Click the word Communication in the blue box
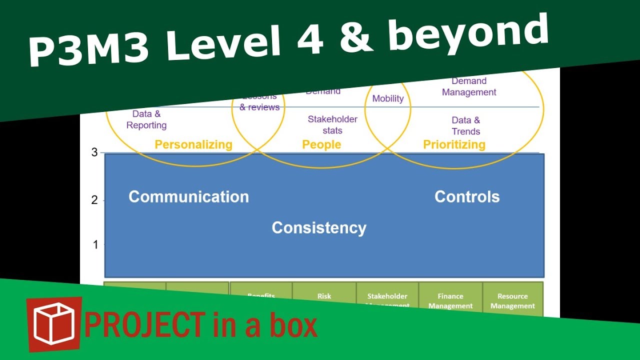click(188, 196)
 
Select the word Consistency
click(319, 227)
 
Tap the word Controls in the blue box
click(467, 196)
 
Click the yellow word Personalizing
click(193, 145)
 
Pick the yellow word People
click(321, 145)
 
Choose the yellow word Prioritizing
click(454, 145)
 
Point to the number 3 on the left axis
click(94, 152)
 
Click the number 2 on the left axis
click(94, 200)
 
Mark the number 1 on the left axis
click(95, 245)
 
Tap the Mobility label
click(388, 98)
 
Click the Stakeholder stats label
click(332, 125)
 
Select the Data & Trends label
click(466, 125)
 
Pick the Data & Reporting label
click(146, 120)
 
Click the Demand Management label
click(469, 86)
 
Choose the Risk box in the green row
click(324, 297)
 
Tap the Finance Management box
click(450, 301)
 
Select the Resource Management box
click(512, 301)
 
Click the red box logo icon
click(54, 324)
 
